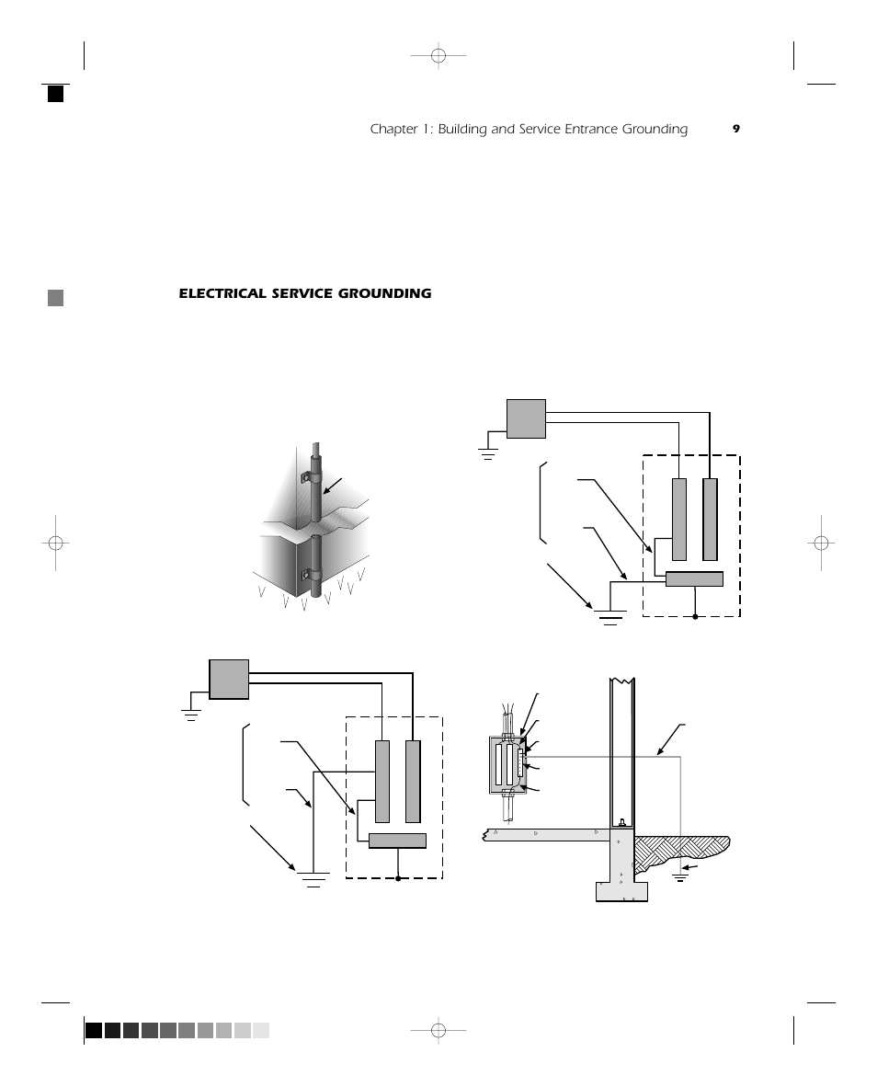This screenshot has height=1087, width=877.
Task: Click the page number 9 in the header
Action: click(x=735, y=129)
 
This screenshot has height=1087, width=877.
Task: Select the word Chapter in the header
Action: click(x=393, y=129)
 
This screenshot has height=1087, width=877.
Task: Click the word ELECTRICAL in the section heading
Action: click(x=221, y=293)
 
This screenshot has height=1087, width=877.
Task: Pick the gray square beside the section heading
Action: click(x=56, y=297)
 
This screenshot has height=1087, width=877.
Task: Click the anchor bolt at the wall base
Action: click(x=622, y=821)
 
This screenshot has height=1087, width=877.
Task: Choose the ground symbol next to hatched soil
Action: click(x=680, y=875)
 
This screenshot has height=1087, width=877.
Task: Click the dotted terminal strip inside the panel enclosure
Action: click(x=520, y=762)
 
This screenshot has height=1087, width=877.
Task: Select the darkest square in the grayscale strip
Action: click(x=94, y=1030)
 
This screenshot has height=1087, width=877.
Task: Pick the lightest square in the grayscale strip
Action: click(x=261, y=1030)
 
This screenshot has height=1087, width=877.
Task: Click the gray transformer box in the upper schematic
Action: click(x=526, y=418)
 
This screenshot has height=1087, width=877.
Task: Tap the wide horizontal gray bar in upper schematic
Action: click(x=694, y=578)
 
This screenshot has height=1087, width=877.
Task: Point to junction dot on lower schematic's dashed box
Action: click(x=398, y=878)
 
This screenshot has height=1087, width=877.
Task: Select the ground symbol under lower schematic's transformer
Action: click(x=191, y=714)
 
